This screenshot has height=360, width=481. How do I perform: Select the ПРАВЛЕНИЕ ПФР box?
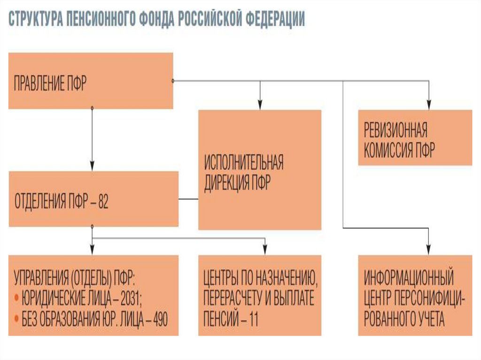click(x=91, y=81)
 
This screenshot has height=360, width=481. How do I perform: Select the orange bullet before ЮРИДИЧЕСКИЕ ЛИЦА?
click(x=16, y=297)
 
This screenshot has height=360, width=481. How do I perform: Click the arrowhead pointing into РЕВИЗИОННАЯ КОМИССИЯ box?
click(x=428, y=106)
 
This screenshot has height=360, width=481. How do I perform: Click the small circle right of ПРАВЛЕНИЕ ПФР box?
click(x=173, y=81)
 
